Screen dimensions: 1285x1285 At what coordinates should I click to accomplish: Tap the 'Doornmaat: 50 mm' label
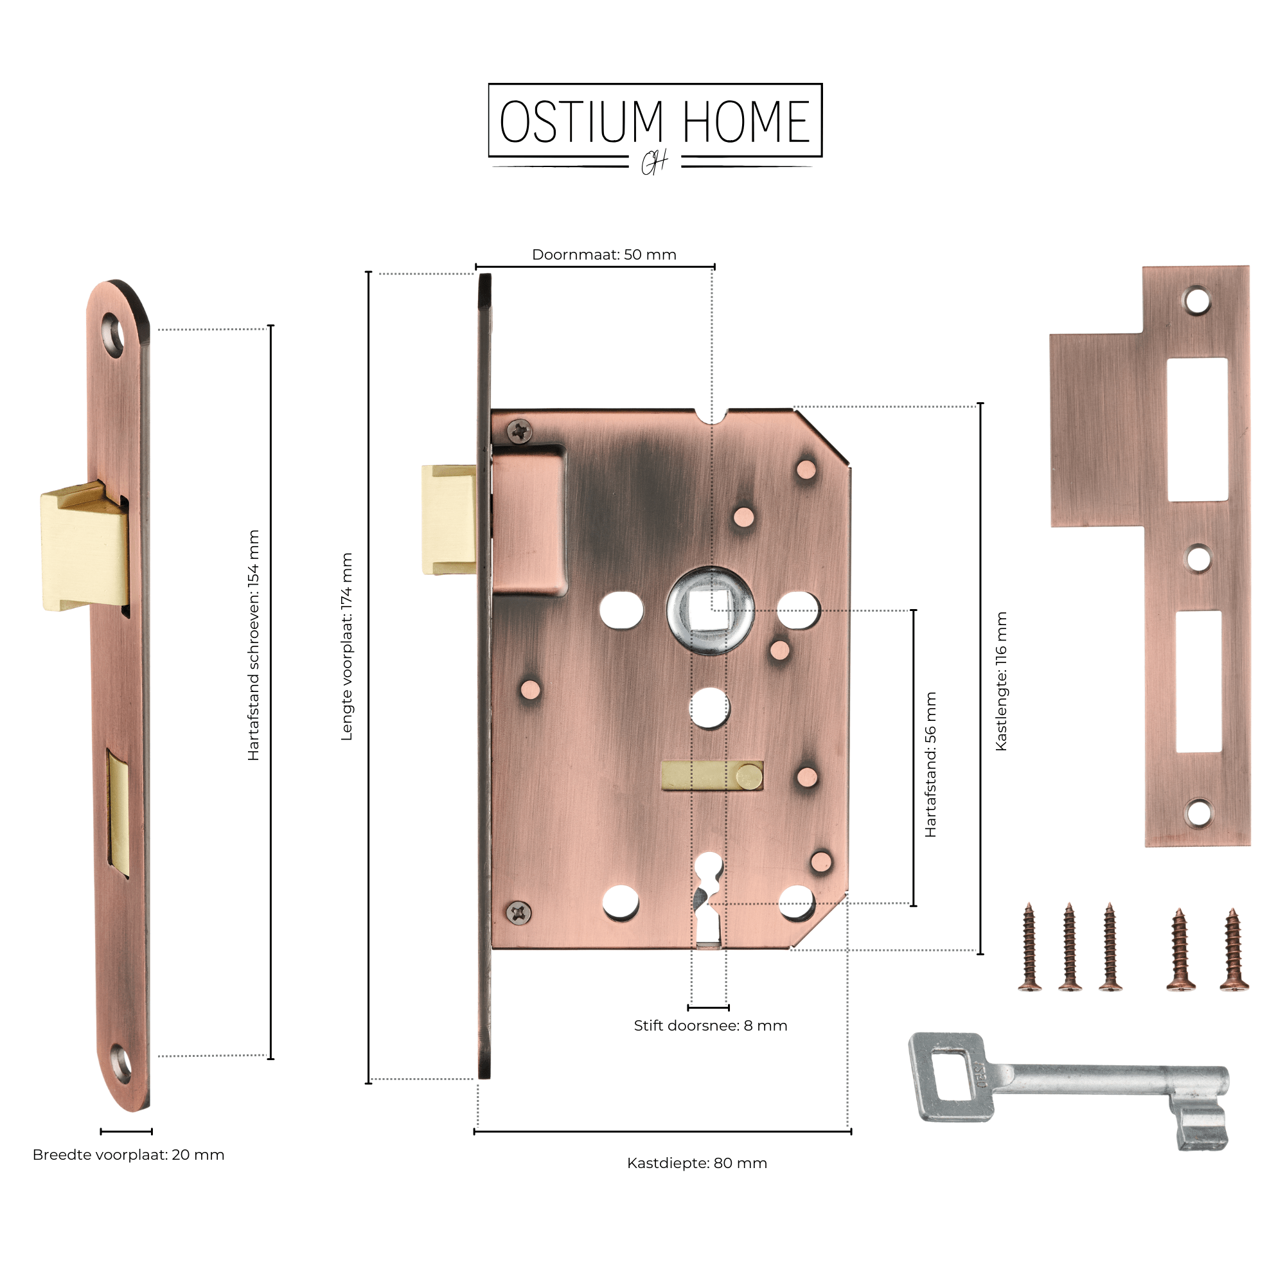tap(604, 254)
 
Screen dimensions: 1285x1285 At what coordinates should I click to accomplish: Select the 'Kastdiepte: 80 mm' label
tap(697, 1164)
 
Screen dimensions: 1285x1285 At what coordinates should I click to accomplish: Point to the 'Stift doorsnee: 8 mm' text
tap(711, 1025)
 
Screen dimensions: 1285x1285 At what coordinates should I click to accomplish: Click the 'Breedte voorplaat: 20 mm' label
tap(128, 1155)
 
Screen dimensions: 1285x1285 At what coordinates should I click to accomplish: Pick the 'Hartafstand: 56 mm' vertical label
tap(930, 764)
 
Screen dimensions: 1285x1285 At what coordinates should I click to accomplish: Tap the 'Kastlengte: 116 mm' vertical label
tap(1001, 682)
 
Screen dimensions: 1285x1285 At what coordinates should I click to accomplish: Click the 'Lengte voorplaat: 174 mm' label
tap(346, 646)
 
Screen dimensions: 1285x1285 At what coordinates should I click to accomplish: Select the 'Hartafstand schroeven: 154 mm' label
tap(253, 645)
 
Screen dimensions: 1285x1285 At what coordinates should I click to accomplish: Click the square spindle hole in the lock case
tap(710, 610)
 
